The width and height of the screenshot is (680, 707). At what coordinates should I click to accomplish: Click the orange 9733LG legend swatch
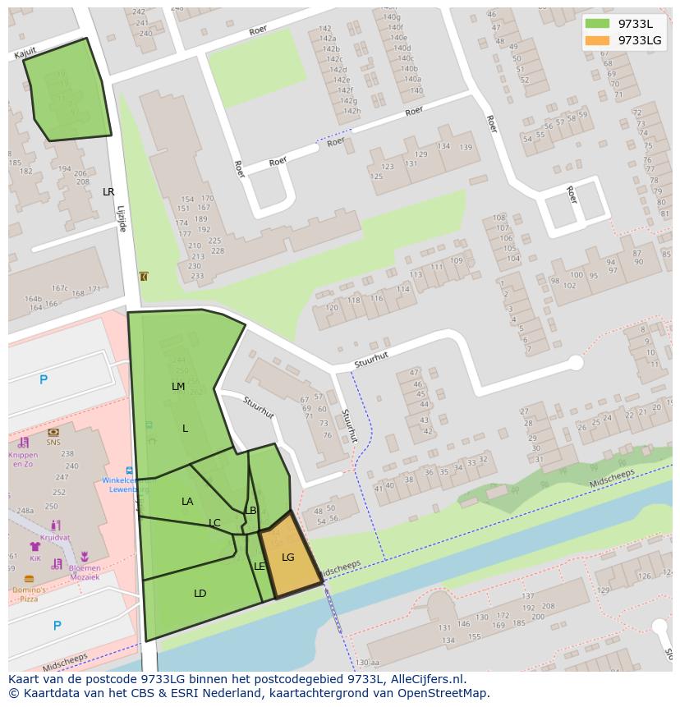[x=597, y=40]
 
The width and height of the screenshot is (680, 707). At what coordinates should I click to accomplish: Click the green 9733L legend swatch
[x=597, y=24]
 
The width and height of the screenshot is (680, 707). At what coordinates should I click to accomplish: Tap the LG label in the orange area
[x=287, y=558]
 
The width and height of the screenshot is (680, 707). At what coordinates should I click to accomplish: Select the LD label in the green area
[x=200, y=594]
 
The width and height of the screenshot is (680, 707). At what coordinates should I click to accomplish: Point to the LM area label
[x=178, y=387]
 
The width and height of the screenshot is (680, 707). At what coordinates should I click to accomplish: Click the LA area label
[x=187, y=502]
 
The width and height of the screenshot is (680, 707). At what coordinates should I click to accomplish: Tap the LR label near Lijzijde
[x=108, y=192]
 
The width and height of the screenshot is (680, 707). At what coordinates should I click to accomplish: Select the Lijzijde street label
[x=121, y=218]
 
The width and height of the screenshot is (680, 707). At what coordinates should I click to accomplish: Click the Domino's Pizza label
[x=30, y=595]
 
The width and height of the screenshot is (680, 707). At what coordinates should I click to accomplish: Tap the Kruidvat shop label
[x=55, y=538]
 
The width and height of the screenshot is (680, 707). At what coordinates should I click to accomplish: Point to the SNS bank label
[x=53, y=442]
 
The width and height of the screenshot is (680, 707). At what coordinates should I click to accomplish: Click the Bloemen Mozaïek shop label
[x=85, y=573]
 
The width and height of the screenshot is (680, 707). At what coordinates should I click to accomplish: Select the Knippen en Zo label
[x=23, y=459]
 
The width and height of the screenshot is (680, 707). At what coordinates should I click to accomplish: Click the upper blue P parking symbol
[x=44, y=379]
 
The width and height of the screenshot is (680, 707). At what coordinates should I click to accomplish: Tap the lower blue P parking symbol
[x=57, y=626]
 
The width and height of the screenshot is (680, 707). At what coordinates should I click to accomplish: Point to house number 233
[x=196, y=276]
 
